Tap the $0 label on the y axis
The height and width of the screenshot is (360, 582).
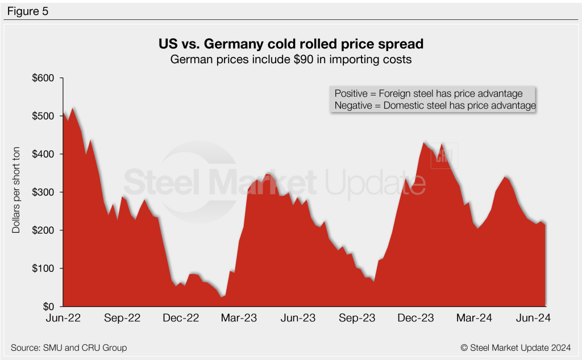pyautogui.click(x=47, y=307)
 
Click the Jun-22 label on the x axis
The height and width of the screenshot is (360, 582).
pyautogui.click(x=63, y=318)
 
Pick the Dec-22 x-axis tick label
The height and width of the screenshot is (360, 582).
pyautogui.click(x=181, y=318)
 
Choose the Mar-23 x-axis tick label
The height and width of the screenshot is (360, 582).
pyautogui.click(x=239, y=318)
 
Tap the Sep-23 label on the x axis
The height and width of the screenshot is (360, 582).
pyautogui.click(x=357, y=318)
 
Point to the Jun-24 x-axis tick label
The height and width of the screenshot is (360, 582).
pyautogui.click(x=533, y=318)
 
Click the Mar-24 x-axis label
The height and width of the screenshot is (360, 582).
pyautogui.click(x=475, y=318)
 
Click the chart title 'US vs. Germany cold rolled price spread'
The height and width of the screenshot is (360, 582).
pyautogui.click(x=290, y=44)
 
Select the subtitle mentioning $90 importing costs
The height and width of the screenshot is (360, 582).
pyautogui.click(x=290, y=59)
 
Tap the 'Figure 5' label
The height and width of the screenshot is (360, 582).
pyautogui.click(x=28, y=10)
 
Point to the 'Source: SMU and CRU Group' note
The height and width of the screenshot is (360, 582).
pyautogui.click(x=69, y=347)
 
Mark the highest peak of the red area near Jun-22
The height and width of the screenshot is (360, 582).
pyautogui.click(x=72, y=108)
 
